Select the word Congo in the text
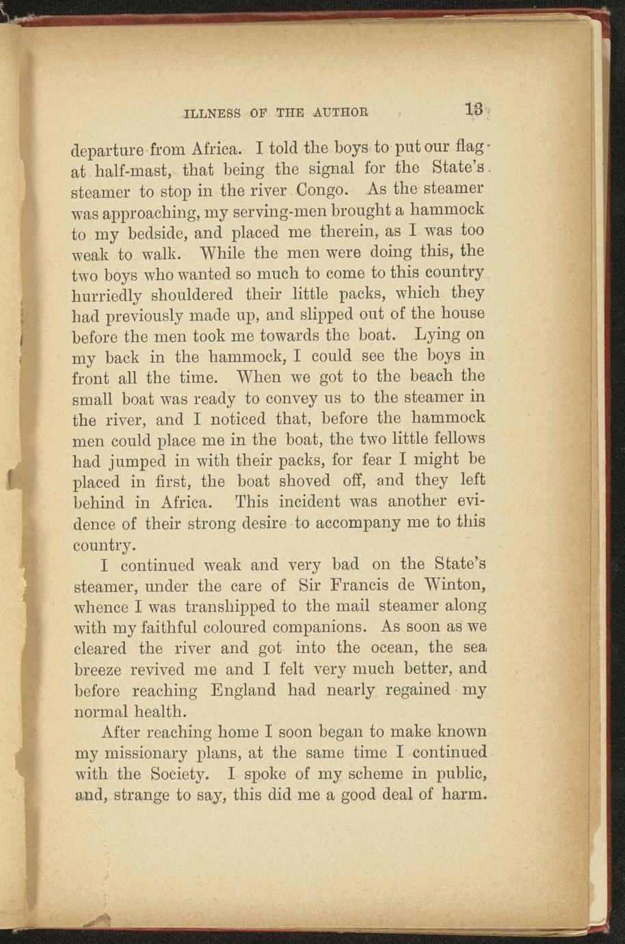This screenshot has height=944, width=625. tap(323, 189)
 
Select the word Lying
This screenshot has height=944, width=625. tap(438, 336)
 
